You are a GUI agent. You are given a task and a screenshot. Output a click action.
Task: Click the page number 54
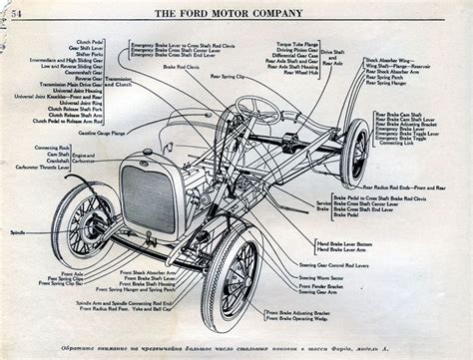pos(16,10)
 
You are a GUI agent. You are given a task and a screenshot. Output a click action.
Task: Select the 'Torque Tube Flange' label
pos(296,45)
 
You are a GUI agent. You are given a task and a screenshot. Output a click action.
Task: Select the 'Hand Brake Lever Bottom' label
pos(341,242)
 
